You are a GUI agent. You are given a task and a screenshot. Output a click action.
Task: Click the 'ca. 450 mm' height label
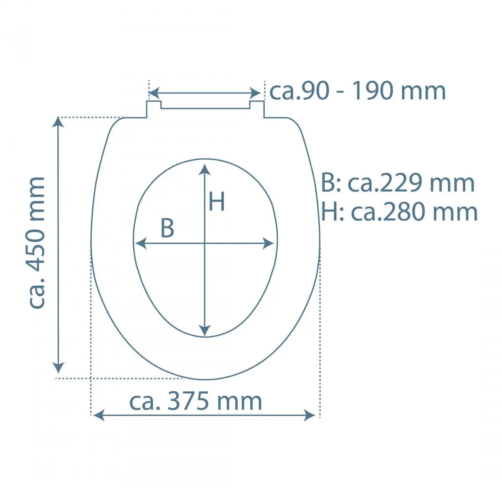(36, 243)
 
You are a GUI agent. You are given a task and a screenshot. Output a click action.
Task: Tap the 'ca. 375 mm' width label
(195, 402)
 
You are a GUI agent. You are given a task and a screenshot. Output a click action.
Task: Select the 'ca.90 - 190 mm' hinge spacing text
(357, 91)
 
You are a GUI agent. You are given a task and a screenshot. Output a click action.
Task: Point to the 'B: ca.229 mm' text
(398, 183)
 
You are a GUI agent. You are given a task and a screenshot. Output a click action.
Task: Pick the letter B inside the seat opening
(167, 228)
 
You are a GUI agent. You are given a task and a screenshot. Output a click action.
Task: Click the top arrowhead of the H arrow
(205, 169)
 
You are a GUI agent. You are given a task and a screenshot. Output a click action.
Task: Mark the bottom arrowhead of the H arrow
(205, 331)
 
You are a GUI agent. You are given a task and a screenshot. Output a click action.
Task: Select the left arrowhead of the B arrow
(141, 243)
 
